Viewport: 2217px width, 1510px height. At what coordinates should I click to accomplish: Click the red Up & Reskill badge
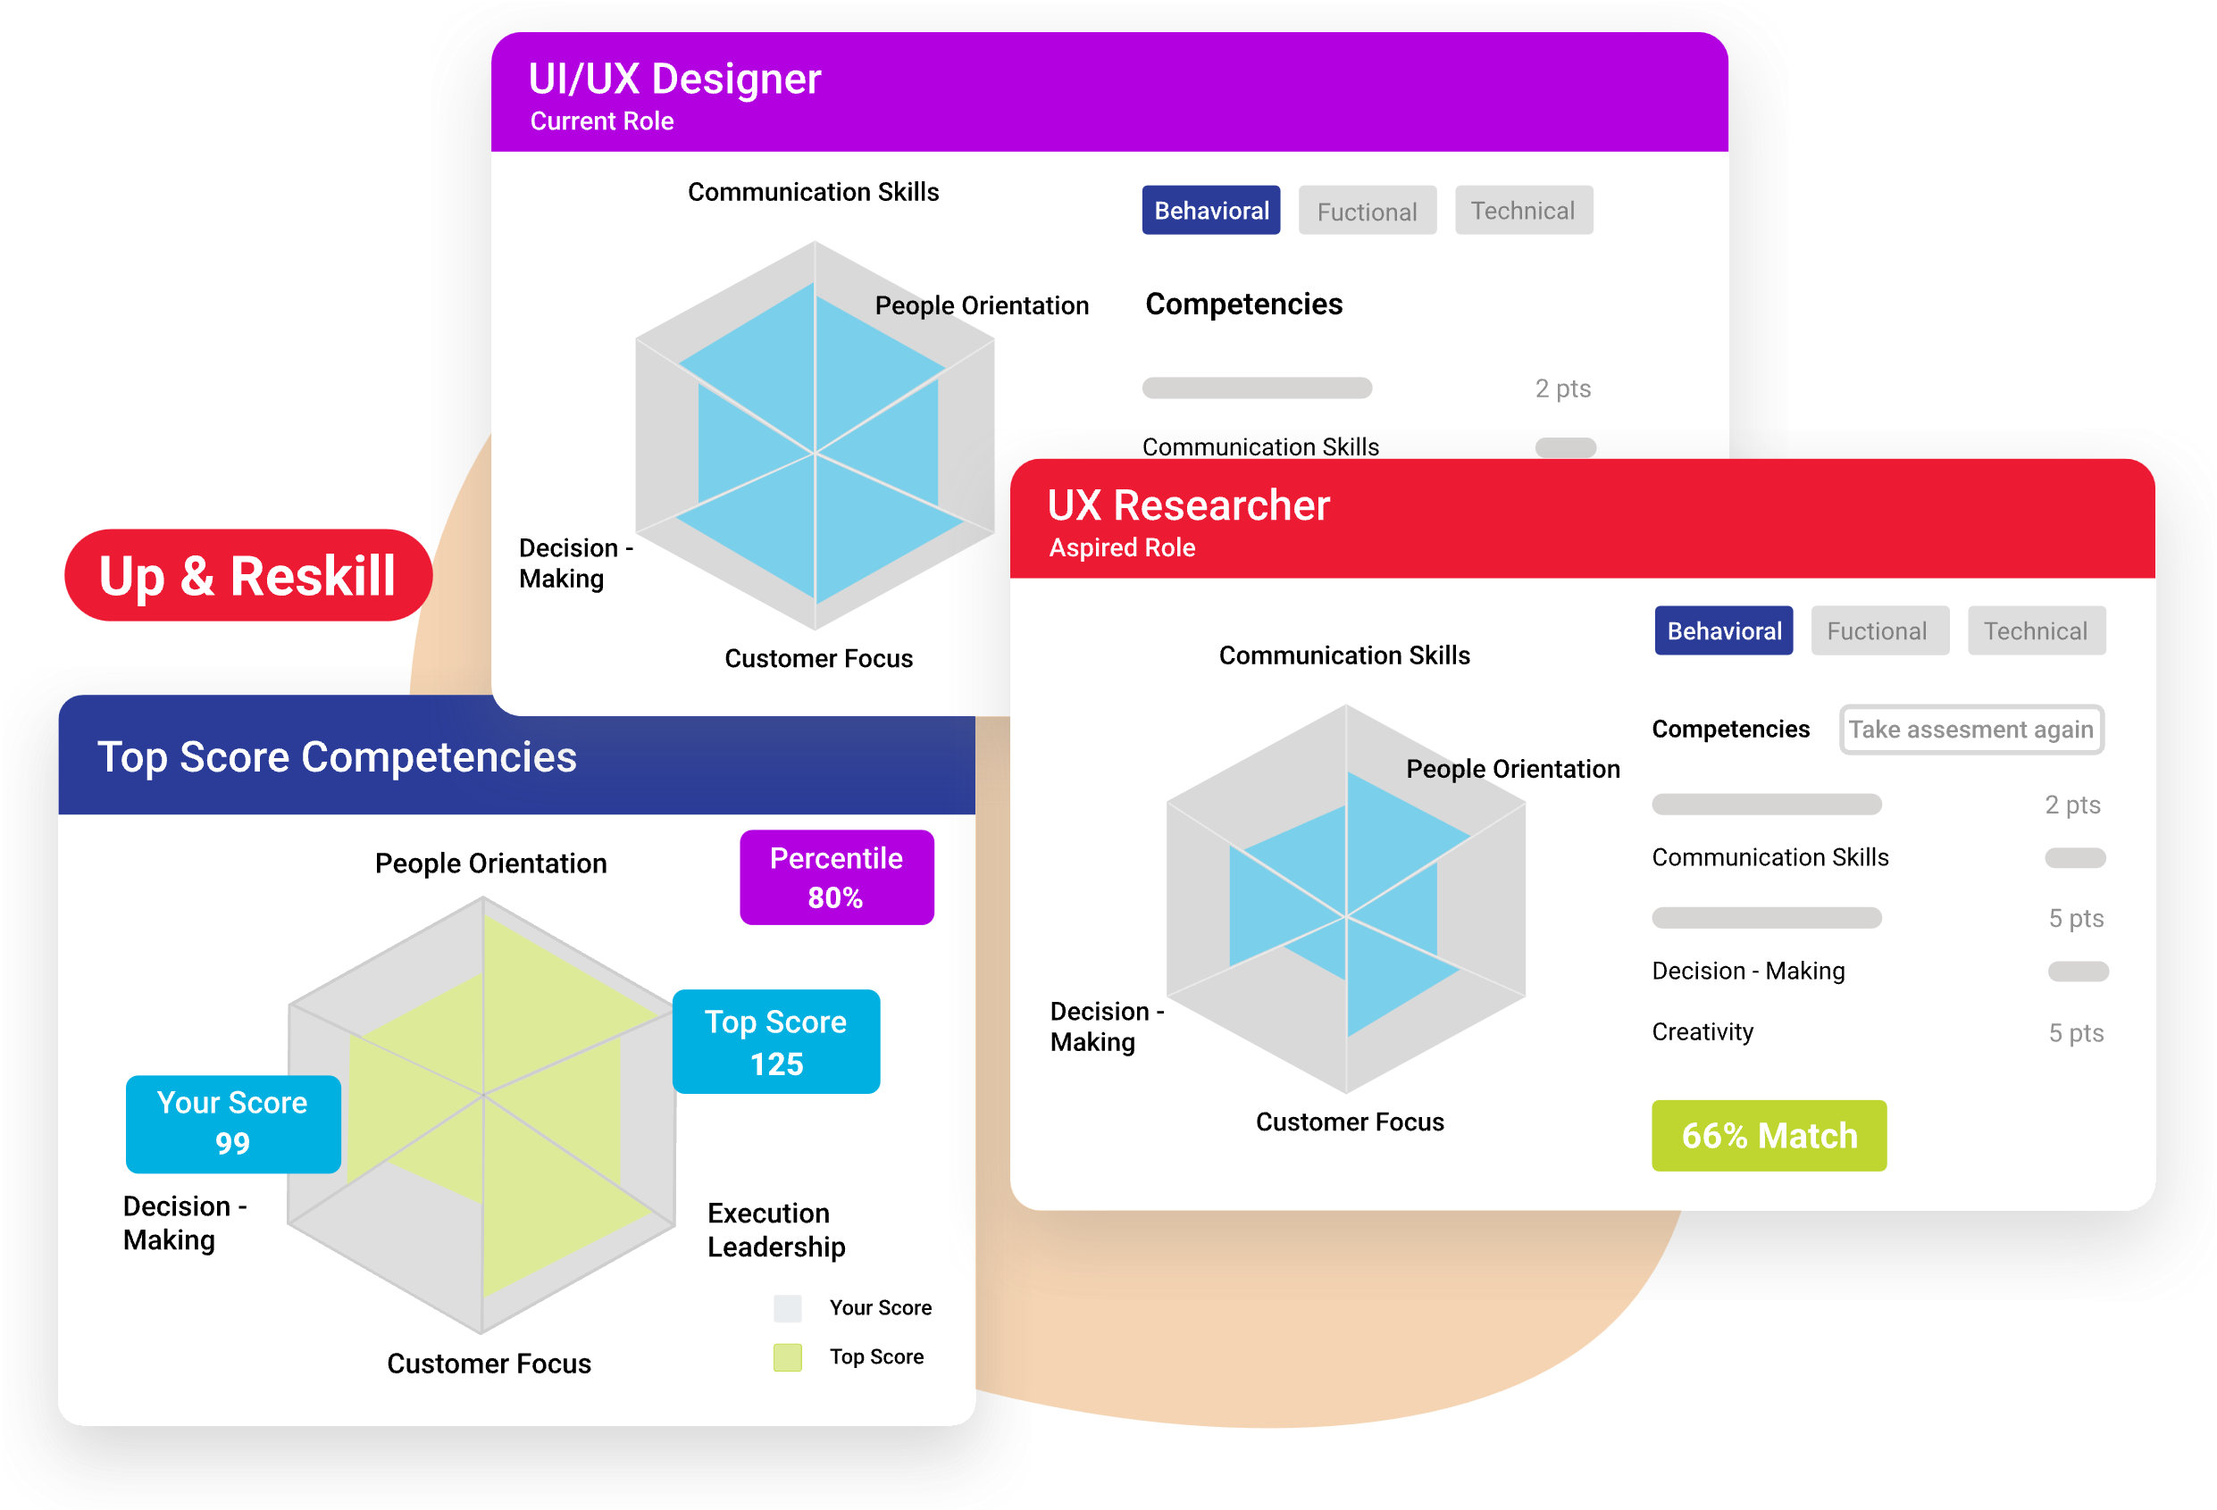[x=247, y=575]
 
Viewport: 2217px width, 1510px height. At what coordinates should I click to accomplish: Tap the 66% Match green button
[x=1769, y=1135]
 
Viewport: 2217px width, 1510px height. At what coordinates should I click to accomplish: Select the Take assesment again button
[x=1970, y=730]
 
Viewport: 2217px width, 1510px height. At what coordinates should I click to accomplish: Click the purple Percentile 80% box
[x=837, y=877]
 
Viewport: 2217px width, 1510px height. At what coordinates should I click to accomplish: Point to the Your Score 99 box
[x=233, y=1122]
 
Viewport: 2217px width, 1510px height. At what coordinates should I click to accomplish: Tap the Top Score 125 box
[x=775, y=1042]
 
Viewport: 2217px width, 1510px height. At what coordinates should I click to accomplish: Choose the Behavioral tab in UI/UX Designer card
[x=1210, y=210]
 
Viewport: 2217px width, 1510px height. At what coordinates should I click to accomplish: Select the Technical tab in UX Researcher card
[x=2036, y=630]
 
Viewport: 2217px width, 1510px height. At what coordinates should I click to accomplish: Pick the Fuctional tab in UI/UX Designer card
[x=1367, y=211]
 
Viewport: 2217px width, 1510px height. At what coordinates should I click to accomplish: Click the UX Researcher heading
[x=1188, y=505]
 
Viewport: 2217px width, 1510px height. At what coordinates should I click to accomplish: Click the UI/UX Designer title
[x=674, y=79]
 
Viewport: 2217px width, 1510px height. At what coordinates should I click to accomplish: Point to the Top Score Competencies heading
[x=337, y=757]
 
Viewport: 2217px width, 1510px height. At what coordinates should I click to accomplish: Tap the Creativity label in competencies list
[x=1702, y=1032]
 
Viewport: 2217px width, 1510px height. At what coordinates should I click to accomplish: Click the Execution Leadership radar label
[x=775, y=1230]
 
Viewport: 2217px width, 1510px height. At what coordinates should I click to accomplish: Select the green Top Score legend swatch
[x=787, y=1356]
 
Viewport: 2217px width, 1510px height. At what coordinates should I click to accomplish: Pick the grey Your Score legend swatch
[x=787, y=1308]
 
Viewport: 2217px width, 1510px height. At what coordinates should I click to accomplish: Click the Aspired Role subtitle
[x=1122, y=547]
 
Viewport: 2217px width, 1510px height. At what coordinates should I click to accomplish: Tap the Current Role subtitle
[x=601, y=121]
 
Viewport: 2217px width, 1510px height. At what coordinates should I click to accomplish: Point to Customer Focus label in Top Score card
[x=489, y=1363]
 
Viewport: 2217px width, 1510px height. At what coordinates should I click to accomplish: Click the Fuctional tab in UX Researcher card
[x=1877, y=630]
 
